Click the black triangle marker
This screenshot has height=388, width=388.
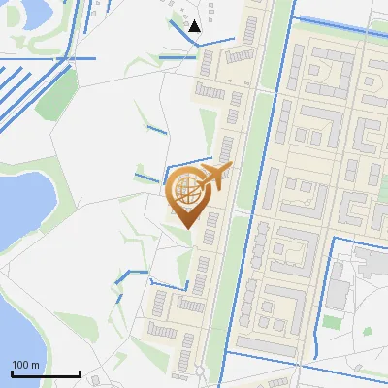click(x=194, y=26)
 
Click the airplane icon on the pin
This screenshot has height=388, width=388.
click(x=215, y=177)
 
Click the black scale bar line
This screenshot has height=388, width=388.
click(x=46, y=373)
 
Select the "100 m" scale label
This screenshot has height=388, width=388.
click(x=26, y=365)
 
